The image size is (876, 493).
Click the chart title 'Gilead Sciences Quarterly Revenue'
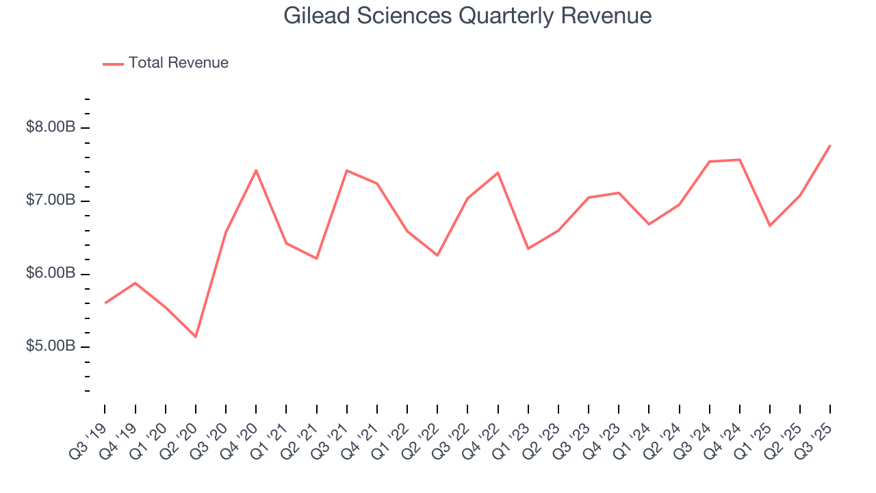(467, 16)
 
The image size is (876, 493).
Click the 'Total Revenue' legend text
(178, 63)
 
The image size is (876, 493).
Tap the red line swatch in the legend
(113, 64)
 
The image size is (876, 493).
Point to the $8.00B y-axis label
(51, 127)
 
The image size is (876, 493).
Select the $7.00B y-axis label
(51, 201)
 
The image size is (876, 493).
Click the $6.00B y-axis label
(51, 274)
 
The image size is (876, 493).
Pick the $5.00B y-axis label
(51, 346)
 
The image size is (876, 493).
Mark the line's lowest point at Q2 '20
(196, 337)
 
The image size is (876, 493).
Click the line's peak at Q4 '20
(256, 170)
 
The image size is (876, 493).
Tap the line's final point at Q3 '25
(830, 145)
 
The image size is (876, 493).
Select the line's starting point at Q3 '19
(105, 303)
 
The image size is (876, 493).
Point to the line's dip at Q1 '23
(528, 249)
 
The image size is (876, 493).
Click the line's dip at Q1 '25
(770, 226)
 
